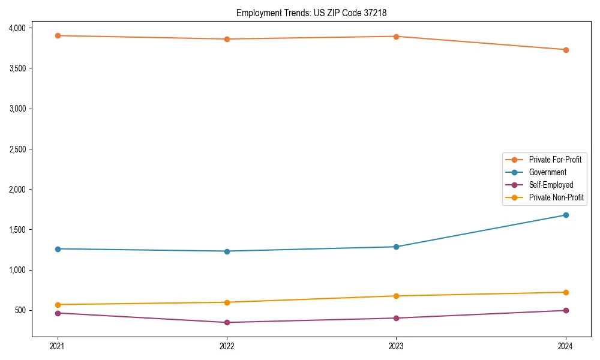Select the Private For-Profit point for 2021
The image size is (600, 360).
pos(58,35)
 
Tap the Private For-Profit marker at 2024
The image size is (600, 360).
pos(566,50)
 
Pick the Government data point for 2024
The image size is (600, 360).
pos(566,215)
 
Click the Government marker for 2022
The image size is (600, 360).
pos(227,251)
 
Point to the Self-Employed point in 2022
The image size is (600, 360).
pos(227,322)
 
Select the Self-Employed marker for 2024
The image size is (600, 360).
pos(566,310)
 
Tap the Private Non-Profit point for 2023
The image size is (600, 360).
pos(396,296)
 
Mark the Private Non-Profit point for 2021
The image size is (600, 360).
pos(58,305)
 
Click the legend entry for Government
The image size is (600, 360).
pos(547,172)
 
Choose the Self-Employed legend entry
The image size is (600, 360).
pos(551,185)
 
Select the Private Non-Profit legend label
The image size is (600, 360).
pos(556,197)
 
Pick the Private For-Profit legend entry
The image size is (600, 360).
pos(555,160)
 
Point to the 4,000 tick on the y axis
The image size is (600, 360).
pos(17,28)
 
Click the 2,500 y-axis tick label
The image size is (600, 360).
pos(17,149)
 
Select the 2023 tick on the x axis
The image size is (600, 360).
pos(396,346)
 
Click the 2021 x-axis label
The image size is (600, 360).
pos(58,346)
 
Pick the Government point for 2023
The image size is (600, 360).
pos(396,247)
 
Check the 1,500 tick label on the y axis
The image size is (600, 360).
pos(17,230)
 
